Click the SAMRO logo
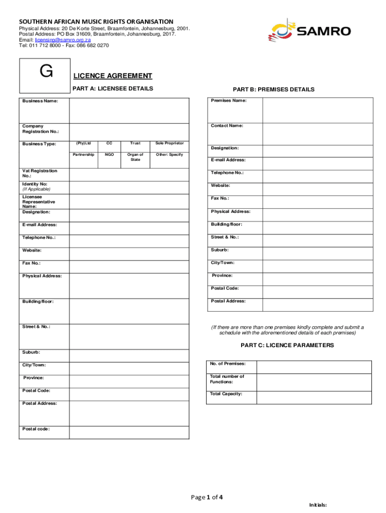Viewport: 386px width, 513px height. (309, 31)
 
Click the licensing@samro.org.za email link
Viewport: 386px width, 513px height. (62, 40)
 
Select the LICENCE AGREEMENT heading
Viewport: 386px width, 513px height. (113, 76)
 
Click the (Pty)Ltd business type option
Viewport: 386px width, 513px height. (83, 143)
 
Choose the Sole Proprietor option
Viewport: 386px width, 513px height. (169, 143)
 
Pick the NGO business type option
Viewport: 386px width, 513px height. (109, 155)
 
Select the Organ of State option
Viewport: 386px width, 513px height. (135, 157)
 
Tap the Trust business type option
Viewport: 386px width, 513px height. (135, 143)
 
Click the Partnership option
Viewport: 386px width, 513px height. (83, 155)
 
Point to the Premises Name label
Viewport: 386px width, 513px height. (229, 101)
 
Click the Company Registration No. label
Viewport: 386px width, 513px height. (40, 129)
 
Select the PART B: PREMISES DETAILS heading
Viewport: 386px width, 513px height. (273, 90)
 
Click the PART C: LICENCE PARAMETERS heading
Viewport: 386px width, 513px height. (287, 346)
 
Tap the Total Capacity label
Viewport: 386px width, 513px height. (226, 394)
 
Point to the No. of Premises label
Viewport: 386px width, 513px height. (228, 363)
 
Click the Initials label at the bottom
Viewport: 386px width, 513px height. (318, 505)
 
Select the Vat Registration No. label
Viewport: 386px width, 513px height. (40, 173)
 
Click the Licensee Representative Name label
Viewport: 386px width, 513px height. (39, 201)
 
